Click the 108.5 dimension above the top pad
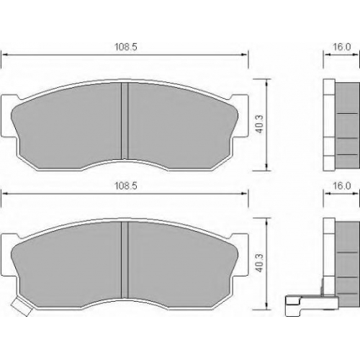(126, 47)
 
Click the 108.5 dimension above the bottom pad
(126, 186)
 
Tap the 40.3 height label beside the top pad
(260, 125)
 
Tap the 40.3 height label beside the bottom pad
(260, 263)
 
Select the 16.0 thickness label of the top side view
(342, 47)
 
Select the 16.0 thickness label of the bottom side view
(342, 186)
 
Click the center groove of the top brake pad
(125, 121)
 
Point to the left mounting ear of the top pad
(9, 116)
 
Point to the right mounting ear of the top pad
(240, 116)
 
